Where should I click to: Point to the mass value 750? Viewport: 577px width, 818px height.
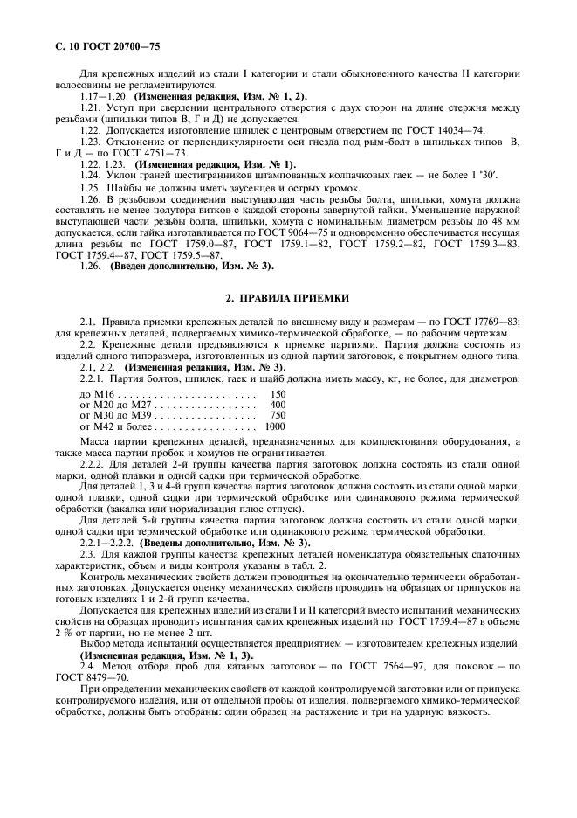click(x=278, y=415)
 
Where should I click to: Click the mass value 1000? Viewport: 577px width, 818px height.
click(x=275, y=426)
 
